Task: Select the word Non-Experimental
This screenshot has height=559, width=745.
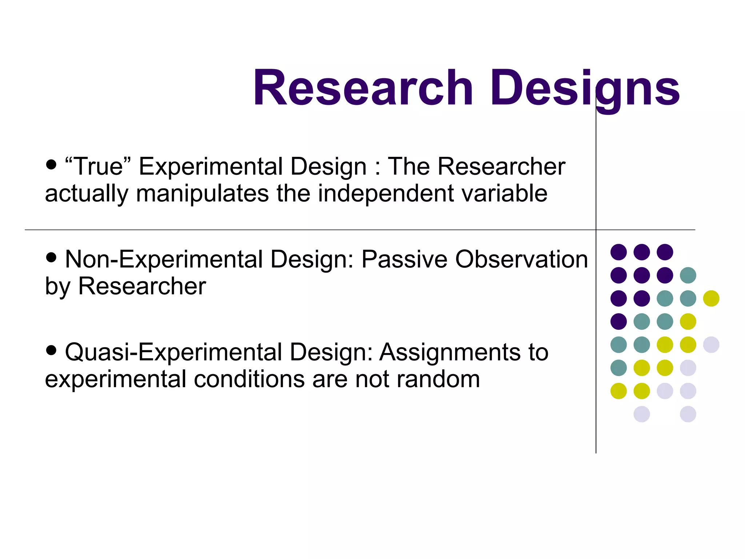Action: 164,259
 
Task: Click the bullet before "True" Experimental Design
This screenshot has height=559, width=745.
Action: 52,164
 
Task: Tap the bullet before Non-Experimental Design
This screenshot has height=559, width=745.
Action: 52,258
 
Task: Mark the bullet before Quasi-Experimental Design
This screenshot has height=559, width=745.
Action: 52,350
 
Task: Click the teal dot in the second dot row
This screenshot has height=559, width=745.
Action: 688,275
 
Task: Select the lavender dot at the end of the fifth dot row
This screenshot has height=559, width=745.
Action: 711,345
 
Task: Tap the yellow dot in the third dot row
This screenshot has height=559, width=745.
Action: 711,298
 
